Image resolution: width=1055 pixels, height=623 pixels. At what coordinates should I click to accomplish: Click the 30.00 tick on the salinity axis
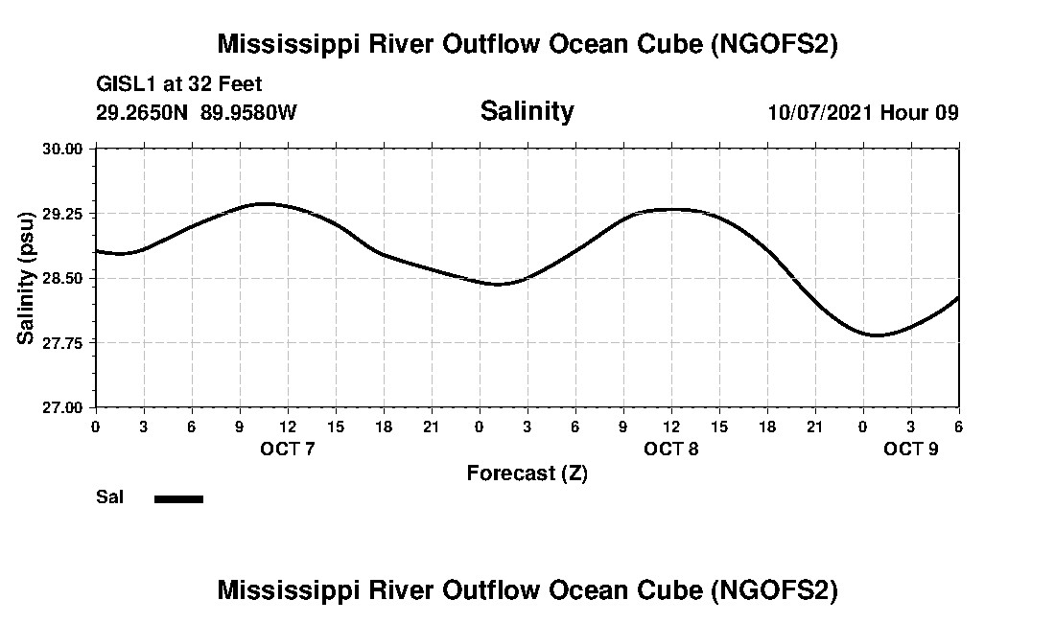[65, 149]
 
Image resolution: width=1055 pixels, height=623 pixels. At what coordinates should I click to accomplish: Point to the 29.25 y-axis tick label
[65, 214]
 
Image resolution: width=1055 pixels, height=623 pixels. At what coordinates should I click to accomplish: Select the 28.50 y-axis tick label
[65, 278]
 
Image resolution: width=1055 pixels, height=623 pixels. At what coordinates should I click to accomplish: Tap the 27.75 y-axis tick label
[65, 342]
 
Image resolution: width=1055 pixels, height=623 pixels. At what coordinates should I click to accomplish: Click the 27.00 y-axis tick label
[65, 407]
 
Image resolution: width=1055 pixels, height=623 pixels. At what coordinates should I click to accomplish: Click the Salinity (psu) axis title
[26, 278]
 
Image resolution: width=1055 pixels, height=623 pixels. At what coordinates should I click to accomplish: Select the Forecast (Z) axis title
[527, 473]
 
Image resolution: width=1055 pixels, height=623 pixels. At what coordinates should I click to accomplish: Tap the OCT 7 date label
[287, 449]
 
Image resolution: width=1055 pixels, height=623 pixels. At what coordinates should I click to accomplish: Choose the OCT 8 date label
[671, 449]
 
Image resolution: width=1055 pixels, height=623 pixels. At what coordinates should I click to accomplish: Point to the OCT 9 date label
[911, 449]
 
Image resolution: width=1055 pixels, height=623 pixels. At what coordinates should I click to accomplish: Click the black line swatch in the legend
[178, 498]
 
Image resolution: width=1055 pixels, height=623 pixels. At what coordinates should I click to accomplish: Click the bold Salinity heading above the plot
[527, 111]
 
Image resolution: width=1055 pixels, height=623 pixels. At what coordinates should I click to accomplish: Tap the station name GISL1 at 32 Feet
[179, 85]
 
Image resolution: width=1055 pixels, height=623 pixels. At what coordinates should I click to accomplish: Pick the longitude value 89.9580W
[248, 112]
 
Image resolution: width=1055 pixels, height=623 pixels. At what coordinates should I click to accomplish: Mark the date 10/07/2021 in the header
[820, 112]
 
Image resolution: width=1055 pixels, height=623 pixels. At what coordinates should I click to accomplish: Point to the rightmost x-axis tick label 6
[958, 426]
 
